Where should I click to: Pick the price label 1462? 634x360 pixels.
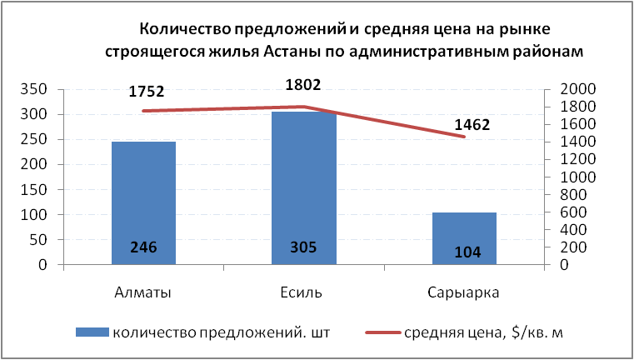[x=472, y=126]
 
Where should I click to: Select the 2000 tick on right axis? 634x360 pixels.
[x=567, y=89]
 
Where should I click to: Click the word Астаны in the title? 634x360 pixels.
[x=302, y=52]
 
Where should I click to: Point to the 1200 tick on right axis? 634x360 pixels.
[x=567, y=160]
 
